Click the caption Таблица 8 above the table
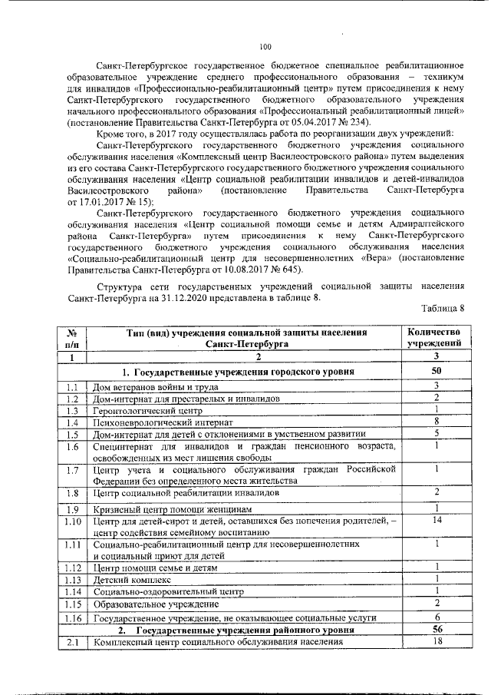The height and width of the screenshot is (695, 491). (447, 309)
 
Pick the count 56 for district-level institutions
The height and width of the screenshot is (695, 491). (433, 629)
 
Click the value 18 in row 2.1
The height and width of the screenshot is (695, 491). (434, 642)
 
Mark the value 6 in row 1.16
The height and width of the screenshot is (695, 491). (434, 617)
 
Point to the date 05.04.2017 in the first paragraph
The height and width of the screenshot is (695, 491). (325, 122)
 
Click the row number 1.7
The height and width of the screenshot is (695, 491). (72, 470)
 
